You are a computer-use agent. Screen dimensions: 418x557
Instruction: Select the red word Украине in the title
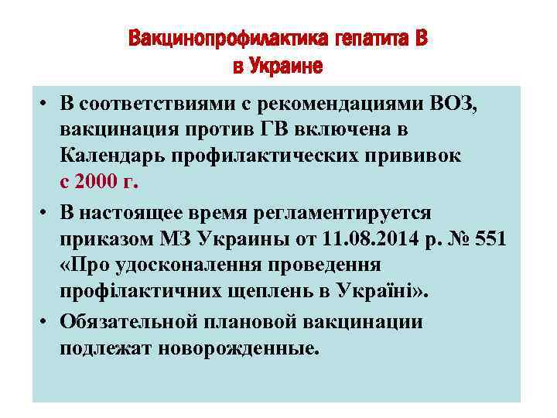pyautogui.click(x=288, y=66)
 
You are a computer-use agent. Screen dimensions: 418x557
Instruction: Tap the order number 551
pyautogui.click(x=490, y=239)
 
